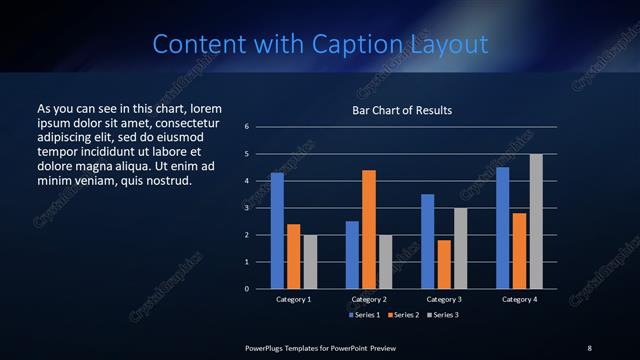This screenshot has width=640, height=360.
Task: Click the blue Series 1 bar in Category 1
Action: click(277, 230)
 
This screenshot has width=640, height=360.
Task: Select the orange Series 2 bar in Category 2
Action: click(369, 229)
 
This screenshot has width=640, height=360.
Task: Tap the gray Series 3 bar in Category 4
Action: click(536, 221)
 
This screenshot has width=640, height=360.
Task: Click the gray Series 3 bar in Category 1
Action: click(310, 261)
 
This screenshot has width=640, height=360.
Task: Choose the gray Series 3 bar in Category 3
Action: click(461, 248)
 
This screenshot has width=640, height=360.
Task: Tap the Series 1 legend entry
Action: click(364, 315)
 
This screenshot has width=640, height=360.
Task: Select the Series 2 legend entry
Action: click(403, 315)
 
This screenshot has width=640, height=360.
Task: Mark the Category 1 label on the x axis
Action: click(294, 299)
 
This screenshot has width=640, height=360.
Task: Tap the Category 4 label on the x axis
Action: click(519, 299)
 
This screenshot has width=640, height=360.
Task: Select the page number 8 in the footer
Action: click(589, 347)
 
